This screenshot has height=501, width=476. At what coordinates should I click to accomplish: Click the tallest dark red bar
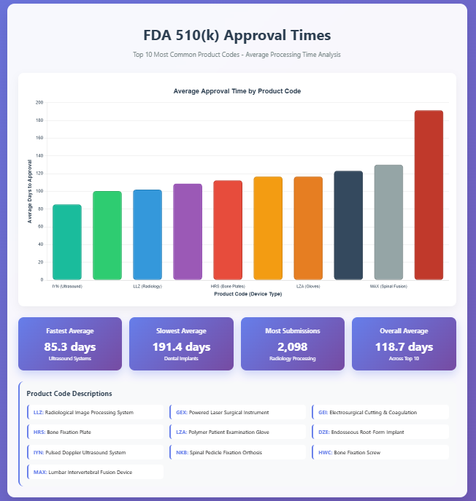429,195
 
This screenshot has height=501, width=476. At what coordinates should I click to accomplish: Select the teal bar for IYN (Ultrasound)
67,242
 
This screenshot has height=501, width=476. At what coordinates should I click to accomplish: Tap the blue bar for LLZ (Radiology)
147,235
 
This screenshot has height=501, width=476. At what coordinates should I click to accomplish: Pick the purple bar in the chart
188,232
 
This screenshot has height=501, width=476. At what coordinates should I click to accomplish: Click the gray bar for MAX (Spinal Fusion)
388,222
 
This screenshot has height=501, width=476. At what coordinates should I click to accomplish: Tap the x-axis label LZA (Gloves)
308,287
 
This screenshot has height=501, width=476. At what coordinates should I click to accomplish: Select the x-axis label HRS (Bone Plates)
228,287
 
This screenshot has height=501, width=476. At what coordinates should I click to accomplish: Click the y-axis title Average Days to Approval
31,191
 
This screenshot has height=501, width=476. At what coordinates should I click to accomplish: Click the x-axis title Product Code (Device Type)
247,294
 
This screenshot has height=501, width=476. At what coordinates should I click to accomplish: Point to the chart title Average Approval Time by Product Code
237,91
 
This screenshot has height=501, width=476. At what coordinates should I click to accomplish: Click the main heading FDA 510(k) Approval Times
237,35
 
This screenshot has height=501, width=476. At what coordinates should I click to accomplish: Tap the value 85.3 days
70,346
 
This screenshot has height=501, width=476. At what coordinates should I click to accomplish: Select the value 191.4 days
182,346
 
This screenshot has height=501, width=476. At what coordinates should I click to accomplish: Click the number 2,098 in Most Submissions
293,346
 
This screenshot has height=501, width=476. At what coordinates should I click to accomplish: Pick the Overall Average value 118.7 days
404,346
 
